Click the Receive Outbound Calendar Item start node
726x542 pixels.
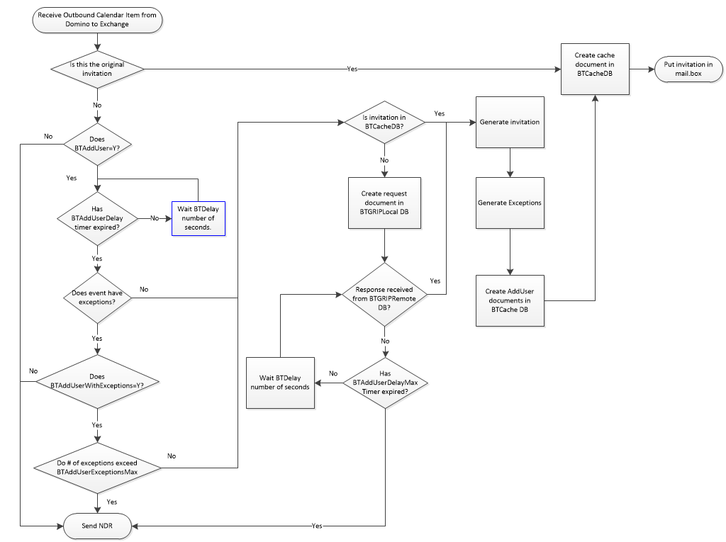(x=97, y=21)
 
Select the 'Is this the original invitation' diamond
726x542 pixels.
(x=97, y=69)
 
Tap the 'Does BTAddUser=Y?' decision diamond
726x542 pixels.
(x=97, y=144)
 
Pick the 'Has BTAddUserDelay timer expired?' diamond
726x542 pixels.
(x=97, y=218)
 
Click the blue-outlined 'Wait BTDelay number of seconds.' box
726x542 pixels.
(x=199, y=218)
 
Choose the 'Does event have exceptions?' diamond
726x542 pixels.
(x=97, y=298)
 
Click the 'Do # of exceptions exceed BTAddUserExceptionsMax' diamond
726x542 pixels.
(x=97, y=468)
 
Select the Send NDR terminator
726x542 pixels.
(x=97, y=526)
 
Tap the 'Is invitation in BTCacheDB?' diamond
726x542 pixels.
(x=384, y=122)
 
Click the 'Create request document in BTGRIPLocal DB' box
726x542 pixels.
(x=384, y=203)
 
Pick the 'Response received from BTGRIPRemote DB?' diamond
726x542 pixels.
(x=384, y=294)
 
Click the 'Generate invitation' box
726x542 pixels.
(x=509, y=122)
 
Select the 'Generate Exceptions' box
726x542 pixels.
(x=509, y=203)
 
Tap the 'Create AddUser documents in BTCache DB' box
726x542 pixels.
(x=509, y=300)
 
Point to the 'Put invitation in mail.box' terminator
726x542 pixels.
(x=688, y=69)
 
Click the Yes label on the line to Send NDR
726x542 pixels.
(x=317, y=526)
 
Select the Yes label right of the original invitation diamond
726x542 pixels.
(x=352, y=69)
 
